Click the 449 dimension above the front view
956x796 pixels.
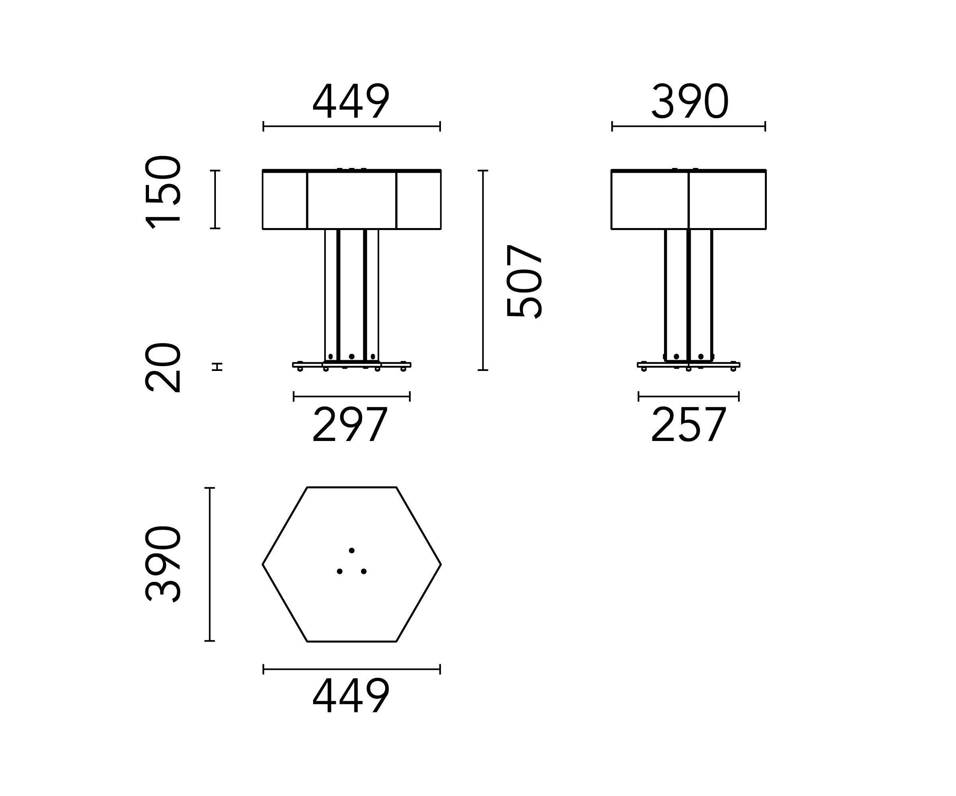[351, 101]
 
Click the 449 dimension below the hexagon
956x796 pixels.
[351, 696]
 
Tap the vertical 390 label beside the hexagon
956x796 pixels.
[163, 564]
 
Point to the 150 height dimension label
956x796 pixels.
[163, 192]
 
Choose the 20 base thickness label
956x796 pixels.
[163, 367]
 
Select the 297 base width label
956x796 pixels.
[350, 425]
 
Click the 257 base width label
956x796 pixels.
[688, 425]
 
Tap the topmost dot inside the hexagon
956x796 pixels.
[351, 550]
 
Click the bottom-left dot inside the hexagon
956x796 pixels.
[340, 571]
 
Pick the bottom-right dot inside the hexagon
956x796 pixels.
[364, 571]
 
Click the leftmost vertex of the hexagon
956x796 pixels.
[263, 564]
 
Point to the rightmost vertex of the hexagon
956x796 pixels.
[440, 564]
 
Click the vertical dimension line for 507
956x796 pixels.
[483, 270]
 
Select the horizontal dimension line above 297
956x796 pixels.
[351, 396]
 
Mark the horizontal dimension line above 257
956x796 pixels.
[688, 396]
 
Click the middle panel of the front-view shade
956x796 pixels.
[351, 200]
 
